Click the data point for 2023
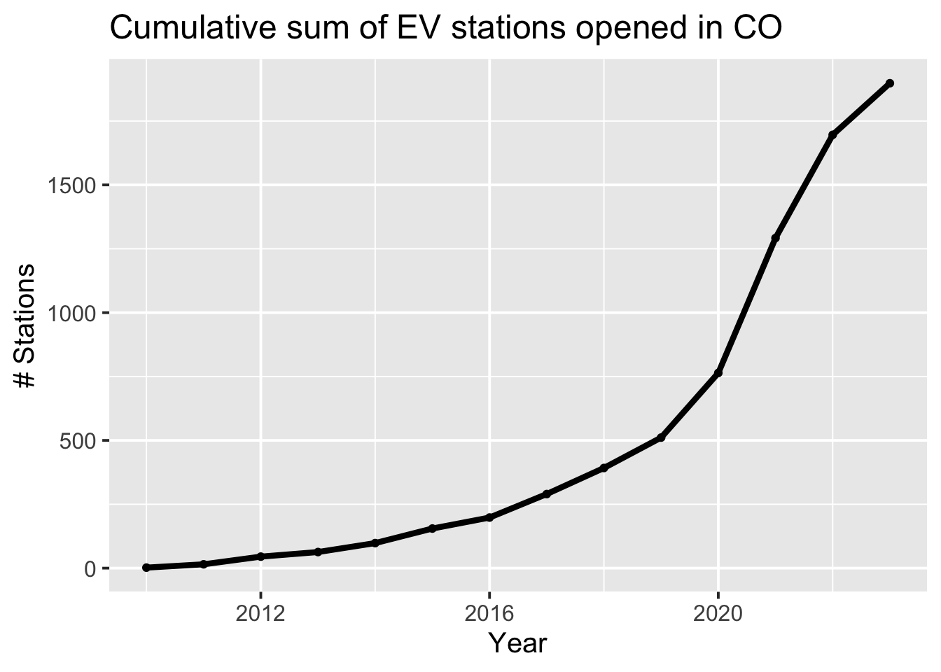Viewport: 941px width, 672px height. pos(889,83)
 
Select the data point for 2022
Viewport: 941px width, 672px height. pos(832,135)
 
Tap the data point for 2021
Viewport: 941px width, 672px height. pos(775,238)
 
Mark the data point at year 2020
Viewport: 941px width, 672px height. pos(718,373)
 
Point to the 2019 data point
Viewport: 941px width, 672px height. pos(660,437)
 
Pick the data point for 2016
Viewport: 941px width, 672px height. pos(489,517)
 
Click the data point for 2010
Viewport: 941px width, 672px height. pos(146,568)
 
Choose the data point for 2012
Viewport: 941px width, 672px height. pos(260,556)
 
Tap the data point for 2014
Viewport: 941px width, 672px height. pos(375,543)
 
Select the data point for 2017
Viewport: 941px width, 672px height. pos(546,494)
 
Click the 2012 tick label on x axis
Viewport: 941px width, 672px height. pos(260,615)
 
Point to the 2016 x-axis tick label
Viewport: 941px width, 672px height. pos(489,615)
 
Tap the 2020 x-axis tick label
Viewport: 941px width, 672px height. pos(718,615)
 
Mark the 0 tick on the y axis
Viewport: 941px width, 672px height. pos(91,568)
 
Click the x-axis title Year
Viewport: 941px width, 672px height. pos(517,643)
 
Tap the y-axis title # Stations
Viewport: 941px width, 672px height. pos(26,325)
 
